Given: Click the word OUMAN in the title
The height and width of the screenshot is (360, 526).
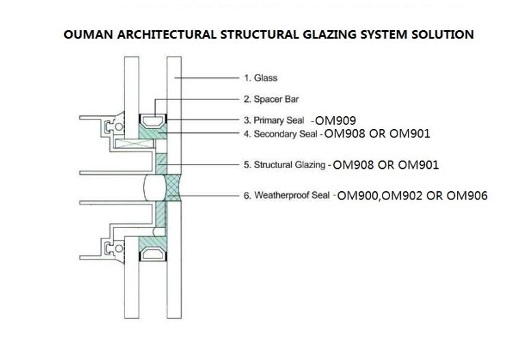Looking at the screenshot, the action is point(88,34).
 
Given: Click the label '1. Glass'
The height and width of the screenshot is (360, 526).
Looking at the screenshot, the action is point(261,78).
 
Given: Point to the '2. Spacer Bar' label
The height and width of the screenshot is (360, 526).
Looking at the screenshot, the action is point(271,99).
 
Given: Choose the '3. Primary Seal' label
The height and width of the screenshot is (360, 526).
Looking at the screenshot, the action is point(274,120).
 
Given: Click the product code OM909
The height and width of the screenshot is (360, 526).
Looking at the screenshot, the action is point(335,120).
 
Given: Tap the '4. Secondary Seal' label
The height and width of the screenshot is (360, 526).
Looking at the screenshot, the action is point(281,134).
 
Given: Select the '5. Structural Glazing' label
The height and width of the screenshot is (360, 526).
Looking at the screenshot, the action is point(284,165).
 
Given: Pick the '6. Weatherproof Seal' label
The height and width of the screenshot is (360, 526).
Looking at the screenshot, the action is point(287,195).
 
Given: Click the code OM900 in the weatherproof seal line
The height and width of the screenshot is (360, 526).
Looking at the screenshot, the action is point(358,195).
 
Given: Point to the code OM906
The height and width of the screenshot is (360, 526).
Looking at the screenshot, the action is point(467,195).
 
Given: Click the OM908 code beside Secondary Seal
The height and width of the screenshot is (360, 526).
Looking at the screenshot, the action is point(344,133).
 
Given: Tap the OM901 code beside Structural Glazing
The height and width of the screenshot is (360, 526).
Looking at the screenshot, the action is point(418,165).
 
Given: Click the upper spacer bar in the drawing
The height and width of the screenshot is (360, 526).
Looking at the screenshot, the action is point(152,120).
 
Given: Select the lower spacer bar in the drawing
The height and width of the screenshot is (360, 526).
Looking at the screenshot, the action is point(152,254).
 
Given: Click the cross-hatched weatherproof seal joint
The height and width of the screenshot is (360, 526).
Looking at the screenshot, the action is point(174,188).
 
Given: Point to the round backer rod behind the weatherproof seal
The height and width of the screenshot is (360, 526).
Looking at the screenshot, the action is point(155,188).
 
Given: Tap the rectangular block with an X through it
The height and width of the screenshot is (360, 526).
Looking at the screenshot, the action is point(134,143).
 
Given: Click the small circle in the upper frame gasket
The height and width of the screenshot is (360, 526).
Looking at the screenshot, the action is point(119,127).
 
